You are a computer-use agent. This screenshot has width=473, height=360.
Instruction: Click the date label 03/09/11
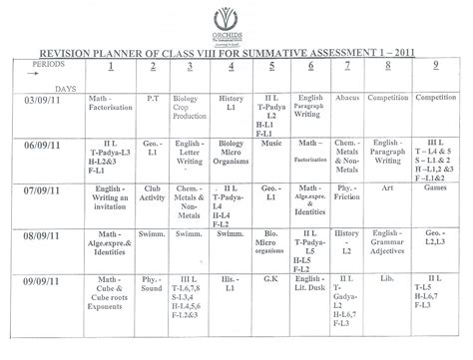point(44,101)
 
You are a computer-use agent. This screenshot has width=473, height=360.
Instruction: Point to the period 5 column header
point(270,66)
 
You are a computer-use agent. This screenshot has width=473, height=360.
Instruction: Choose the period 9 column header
point(434,66)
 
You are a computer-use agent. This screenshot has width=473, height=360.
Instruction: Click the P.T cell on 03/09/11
point(153,100)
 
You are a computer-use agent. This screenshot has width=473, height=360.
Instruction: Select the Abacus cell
point(347,99)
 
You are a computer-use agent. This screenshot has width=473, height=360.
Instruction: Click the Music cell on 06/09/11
point(270,144)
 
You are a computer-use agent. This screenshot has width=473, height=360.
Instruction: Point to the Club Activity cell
point(153,193)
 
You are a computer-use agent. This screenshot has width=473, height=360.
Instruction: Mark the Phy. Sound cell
point(153,283)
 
